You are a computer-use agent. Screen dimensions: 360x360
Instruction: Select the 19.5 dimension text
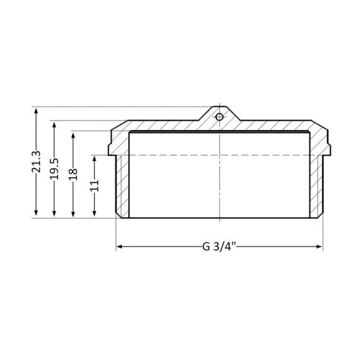tap(54, 169)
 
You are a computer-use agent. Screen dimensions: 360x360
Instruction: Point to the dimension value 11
tap(94, 186)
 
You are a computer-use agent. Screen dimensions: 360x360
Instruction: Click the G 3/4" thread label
tap(219, 246)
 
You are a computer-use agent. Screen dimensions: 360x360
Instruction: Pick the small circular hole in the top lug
tap(219, 117)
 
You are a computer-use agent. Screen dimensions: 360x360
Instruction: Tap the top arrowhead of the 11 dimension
tap(94, 159)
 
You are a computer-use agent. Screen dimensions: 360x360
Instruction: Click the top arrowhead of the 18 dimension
tap(74, 135)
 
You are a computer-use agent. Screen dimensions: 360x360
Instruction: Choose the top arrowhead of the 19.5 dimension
tap(54, 124)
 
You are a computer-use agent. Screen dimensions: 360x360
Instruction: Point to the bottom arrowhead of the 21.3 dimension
tap(36, 214)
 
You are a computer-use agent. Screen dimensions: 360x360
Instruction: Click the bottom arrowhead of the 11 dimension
tap(94, 214)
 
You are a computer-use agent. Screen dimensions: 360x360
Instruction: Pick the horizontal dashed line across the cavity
tap(189, 155)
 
